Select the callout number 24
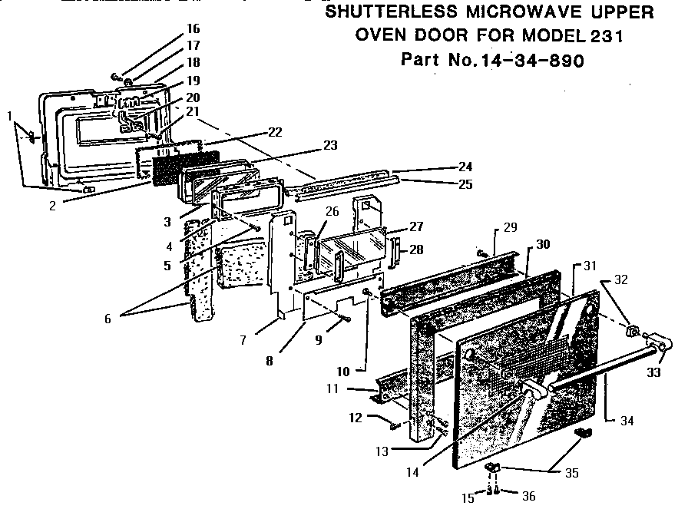pos(465,167)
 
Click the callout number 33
pos(653,373)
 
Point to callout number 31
pos(590,266)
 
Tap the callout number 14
pos(413,473)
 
